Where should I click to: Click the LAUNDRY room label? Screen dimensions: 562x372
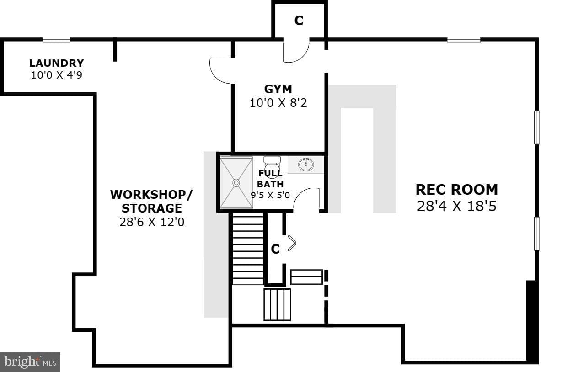pyautogui.click(x=56, y=63)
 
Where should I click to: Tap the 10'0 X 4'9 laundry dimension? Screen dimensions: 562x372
pyautogui.click(x=56, y=75)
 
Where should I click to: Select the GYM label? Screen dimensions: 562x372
pyautogui.click(x=278, y=89)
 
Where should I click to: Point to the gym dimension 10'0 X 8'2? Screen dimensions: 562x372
pyautogui.click(x=278, y=103)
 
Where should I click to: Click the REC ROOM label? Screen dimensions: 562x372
pyautogui.click(x=457, y=190)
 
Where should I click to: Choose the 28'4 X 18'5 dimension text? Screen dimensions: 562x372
pyautogui.click(x=457, y=206)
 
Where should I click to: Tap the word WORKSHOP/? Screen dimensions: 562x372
pyautogui.click(x=151, y=195)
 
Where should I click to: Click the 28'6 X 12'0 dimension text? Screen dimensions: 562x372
pyautogui.click(x=152, y=222)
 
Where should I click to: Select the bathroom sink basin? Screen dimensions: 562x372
pyautogui.click(x=306, y=165)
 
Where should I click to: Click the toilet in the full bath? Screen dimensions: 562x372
pyautogui.click(x=272, y=164)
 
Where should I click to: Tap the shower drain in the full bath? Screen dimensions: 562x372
pyautogui.click(x=236, y=183)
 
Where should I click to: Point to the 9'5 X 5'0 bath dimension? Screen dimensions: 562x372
pyautogui.click(x=270, y=195)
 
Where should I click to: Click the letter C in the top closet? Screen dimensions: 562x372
pyautogui.click(x=299, y=21)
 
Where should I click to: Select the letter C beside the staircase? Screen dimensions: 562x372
pyautogui.click(x=275, y=249)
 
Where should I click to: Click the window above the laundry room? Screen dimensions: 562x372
pyautogui.click(x=56, y=39)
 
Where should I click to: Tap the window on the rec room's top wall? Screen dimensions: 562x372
pyautogui.click(x=464, y=39)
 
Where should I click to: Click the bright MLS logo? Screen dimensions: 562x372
pyautogui.click(x=30, y=362)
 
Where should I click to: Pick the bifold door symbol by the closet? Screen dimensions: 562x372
pyautogui.click(x=292, y=243)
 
